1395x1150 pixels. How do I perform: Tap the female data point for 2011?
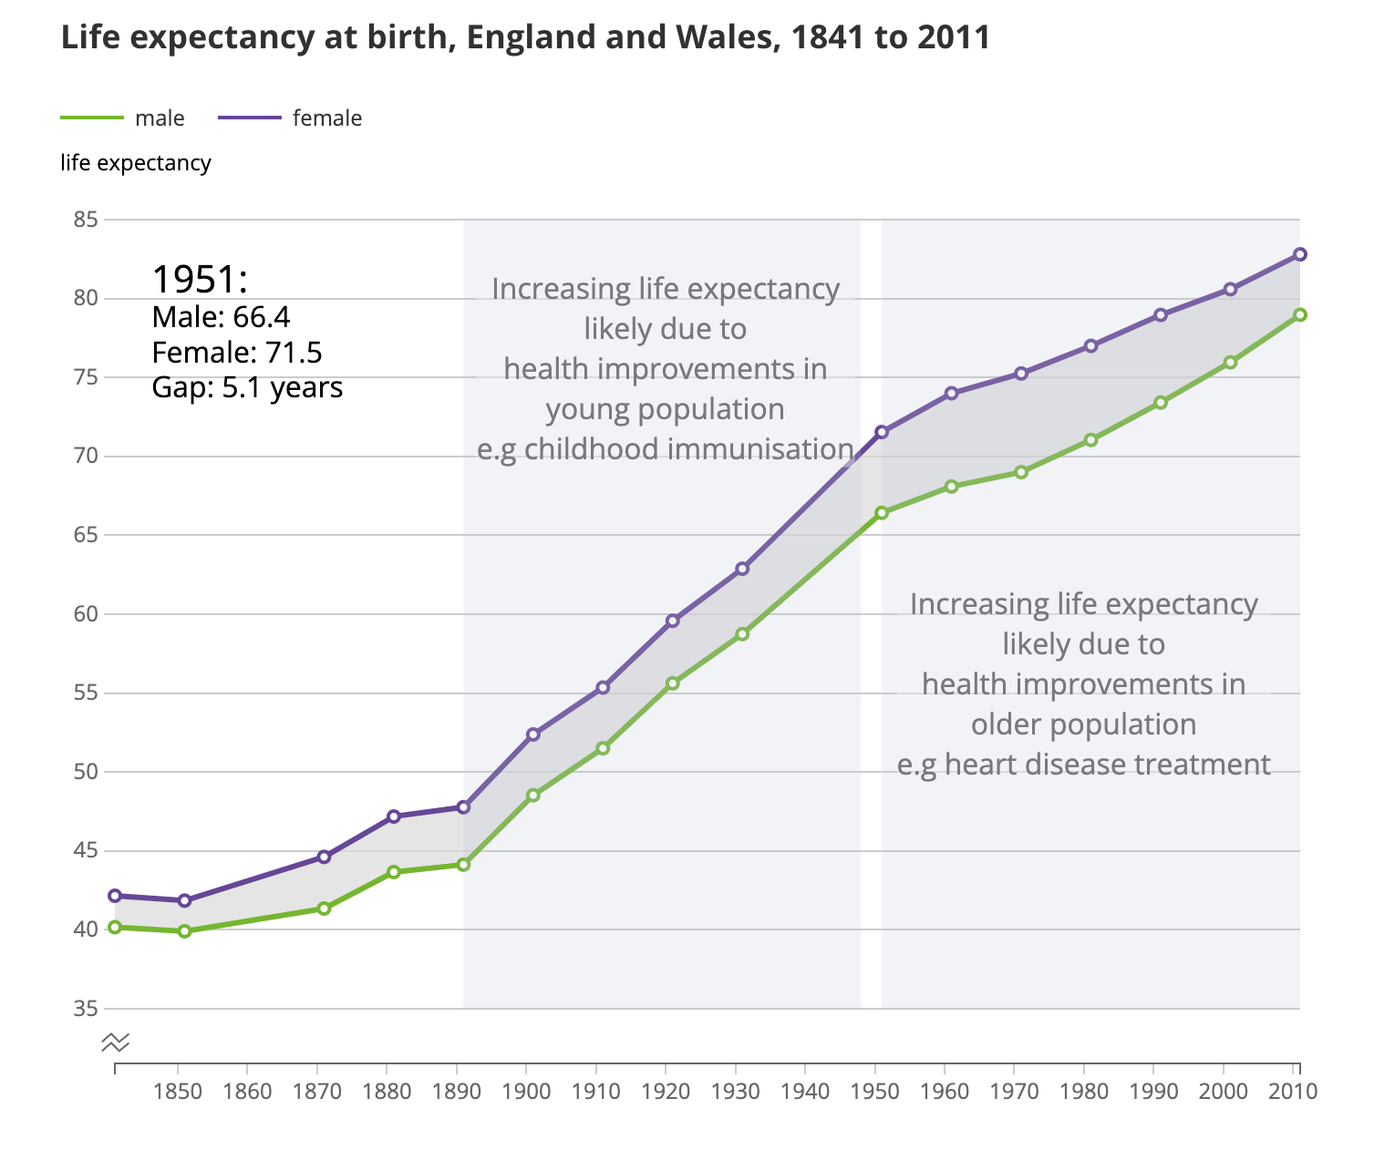[1300, 254]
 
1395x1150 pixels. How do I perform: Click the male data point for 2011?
[1300, 314]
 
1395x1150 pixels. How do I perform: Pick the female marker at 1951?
[882, 432]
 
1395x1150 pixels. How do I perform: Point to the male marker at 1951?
[882, 513]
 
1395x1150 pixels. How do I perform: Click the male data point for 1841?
[115, 927]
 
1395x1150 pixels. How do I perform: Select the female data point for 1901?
[533, 734]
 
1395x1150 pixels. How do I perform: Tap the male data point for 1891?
[463, 864]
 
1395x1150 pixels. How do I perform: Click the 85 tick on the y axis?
[87, 220]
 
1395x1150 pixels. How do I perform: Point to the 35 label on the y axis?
[87, 1009]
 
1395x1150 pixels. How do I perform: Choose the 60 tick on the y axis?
[87, 614]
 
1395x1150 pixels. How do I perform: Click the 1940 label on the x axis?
[805, 1091]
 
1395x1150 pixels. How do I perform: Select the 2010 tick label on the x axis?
[1293, 1091]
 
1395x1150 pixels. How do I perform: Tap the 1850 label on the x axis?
[178, 1091]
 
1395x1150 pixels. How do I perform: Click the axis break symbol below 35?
[116, 1041]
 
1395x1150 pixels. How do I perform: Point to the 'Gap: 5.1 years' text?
[247, 387]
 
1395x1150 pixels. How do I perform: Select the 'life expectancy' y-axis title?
[136, 163]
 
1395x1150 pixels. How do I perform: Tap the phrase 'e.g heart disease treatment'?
[1083, 764]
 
